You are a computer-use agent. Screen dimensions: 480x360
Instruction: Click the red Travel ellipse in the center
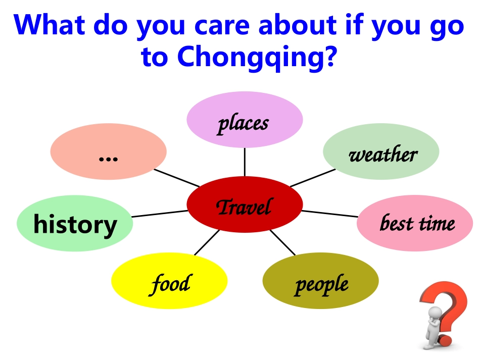[245, 204]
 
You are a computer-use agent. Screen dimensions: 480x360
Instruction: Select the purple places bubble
[245, 120]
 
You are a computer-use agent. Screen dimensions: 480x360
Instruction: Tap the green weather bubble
[381, 151]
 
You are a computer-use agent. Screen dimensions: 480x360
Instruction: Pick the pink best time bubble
[415, 223]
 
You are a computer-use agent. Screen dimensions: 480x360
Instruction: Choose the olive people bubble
[320, 280]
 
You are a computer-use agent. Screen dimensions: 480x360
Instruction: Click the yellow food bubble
[169, 280]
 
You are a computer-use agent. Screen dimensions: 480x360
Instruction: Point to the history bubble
[75, 223]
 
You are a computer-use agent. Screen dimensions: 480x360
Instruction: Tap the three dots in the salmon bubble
[108, 159]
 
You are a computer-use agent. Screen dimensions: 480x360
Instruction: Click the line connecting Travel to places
[245, 162]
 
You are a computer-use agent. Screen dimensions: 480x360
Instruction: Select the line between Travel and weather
[313, 178]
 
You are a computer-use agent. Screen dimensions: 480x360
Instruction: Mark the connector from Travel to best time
[330, 214]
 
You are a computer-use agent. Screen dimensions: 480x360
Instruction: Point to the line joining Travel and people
[282, 242]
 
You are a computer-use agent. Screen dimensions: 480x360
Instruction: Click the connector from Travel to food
[207, 242]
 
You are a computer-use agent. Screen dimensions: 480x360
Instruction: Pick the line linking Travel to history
[160, 214]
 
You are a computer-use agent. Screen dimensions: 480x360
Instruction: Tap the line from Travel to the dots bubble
[177, 178]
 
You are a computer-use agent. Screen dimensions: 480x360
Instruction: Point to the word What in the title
[49, 24]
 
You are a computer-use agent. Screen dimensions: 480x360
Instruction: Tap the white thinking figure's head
[435, 314]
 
